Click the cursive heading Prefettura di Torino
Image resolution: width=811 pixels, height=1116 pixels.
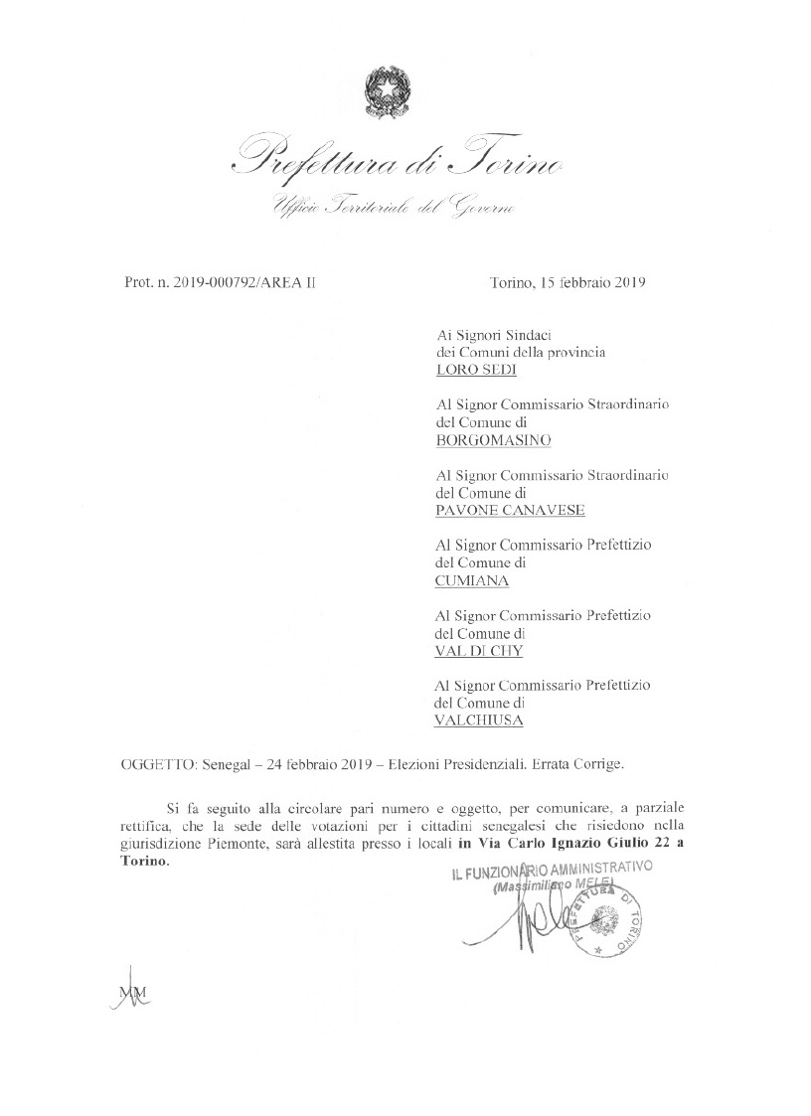tap(398, 159)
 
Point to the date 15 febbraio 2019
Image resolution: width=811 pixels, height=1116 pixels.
tap(592, 282)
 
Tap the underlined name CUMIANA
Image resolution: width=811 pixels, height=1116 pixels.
tap(471, 579)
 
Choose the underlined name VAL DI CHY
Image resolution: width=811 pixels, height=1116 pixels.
tap(479, 651)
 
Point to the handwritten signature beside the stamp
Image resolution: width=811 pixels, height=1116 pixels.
tap(522, 920)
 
